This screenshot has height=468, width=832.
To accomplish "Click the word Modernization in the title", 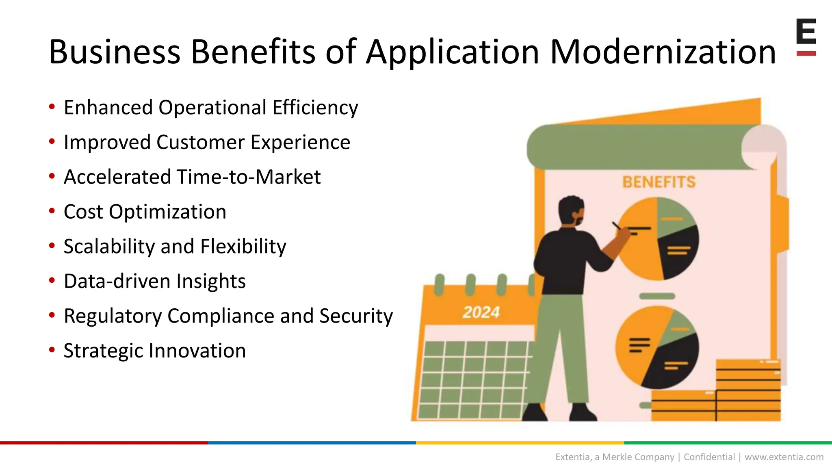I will coord(662,52).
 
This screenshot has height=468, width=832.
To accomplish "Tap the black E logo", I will coord(806,31).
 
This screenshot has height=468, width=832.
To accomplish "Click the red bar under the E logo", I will coord(806,53).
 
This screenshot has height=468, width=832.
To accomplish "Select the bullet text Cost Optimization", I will coord(145,212).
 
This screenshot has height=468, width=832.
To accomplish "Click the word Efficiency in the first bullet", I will coord(315,108).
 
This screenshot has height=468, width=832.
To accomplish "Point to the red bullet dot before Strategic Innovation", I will coord(52,350).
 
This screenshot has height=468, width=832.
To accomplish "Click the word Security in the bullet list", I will coord(355,316).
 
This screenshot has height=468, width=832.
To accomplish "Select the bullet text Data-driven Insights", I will coord(154,281).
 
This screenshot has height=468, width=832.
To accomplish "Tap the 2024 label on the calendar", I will coord(481,312).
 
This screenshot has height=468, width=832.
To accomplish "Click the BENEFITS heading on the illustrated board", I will coord(659,182).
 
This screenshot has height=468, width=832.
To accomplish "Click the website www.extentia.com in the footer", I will coord(784,457).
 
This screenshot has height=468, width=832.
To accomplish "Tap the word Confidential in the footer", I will coord(709,457).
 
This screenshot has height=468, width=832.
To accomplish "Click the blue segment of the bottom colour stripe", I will coord(312,443).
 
